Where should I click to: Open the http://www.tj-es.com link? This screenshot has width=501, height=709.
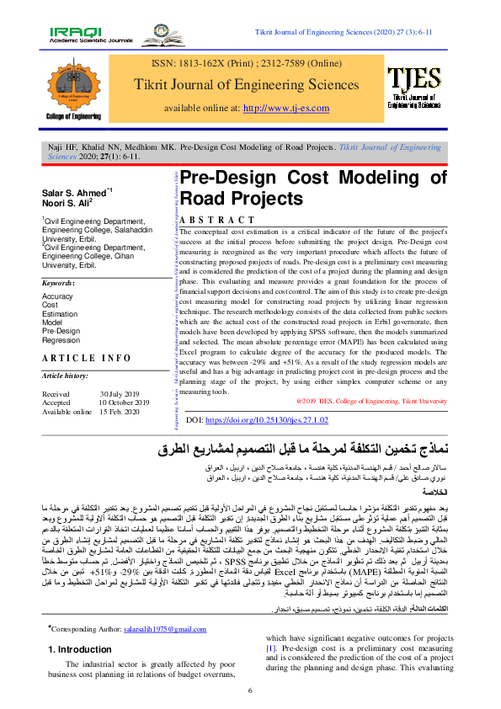point(284,108)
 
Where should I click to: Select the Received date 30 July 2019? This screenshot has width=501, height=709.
point(124,394)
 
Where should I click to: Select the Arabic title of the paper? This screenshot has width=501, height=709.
point(312,446)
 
